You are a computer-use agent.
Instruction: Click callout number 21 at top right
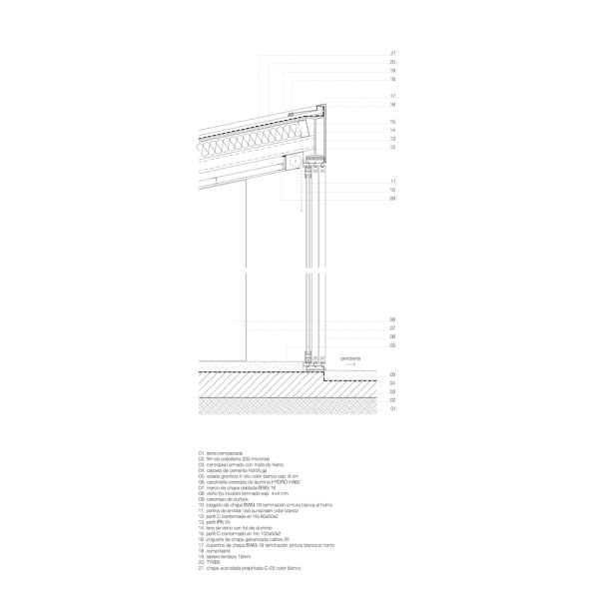click(393, 53)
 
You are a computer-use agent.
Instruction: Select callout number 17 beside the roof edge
click(393, 96)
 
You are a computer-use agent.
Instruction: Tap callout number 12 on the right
click(393, 147)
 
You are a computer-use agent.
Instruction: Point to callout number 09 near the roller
click(393, 199)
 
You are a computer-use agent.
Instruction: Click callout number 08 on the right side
click(393, 319)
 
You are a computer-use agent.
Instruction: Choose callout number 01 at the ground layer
click(393, 408)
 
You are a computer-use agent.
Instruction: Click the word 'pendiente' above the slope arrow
click(349, 356)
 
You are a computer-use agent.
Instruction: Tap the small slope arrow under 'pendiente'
click(349, 365)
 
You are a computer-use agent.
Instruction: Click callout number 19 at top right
click(393, 70)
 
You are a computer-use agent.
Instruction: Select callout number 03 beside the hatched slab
click(393, 390)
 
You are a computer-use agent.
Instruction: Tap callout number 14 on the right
click(393, 130)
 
